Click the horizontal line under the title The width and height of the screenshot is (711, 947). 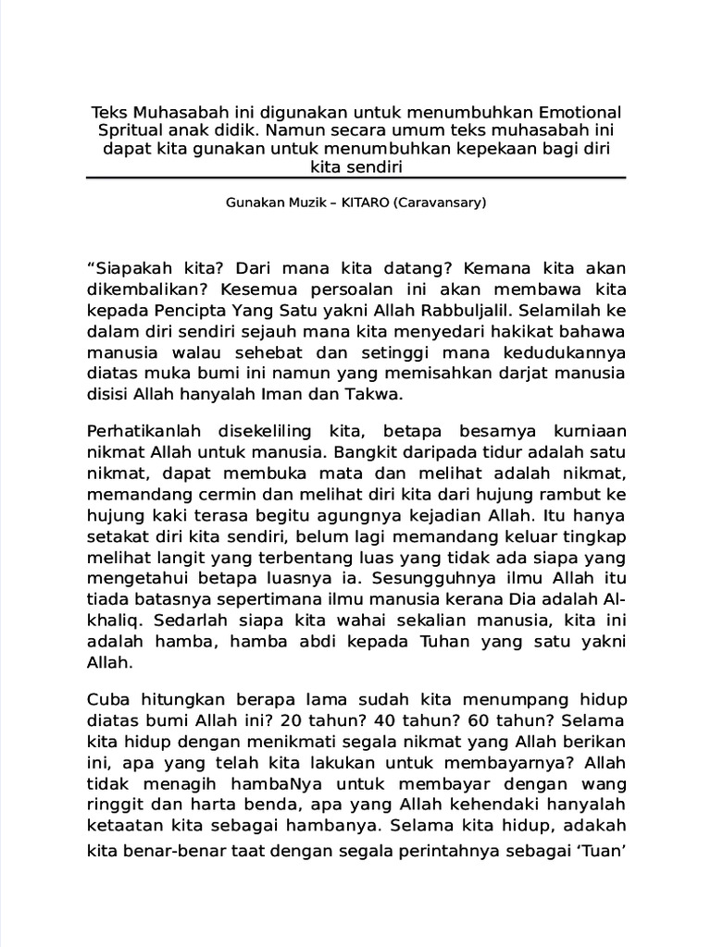pyautogui.click(x=355, y=178)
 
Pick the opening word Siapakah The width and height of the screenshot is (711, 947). pyautogui.click(x=124, y=265)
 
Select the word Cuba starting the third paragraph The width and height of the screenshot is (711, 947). pyautogui.click(x=105, y=697)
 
